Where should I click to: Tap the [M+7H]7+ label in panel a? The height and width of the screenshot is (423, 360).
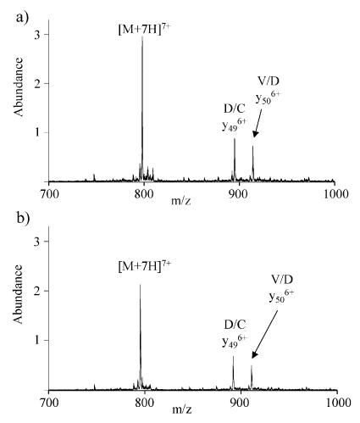coord(143,31)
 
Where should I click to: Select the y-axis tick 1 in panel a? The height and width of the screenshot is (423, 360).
coord(36,132)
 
